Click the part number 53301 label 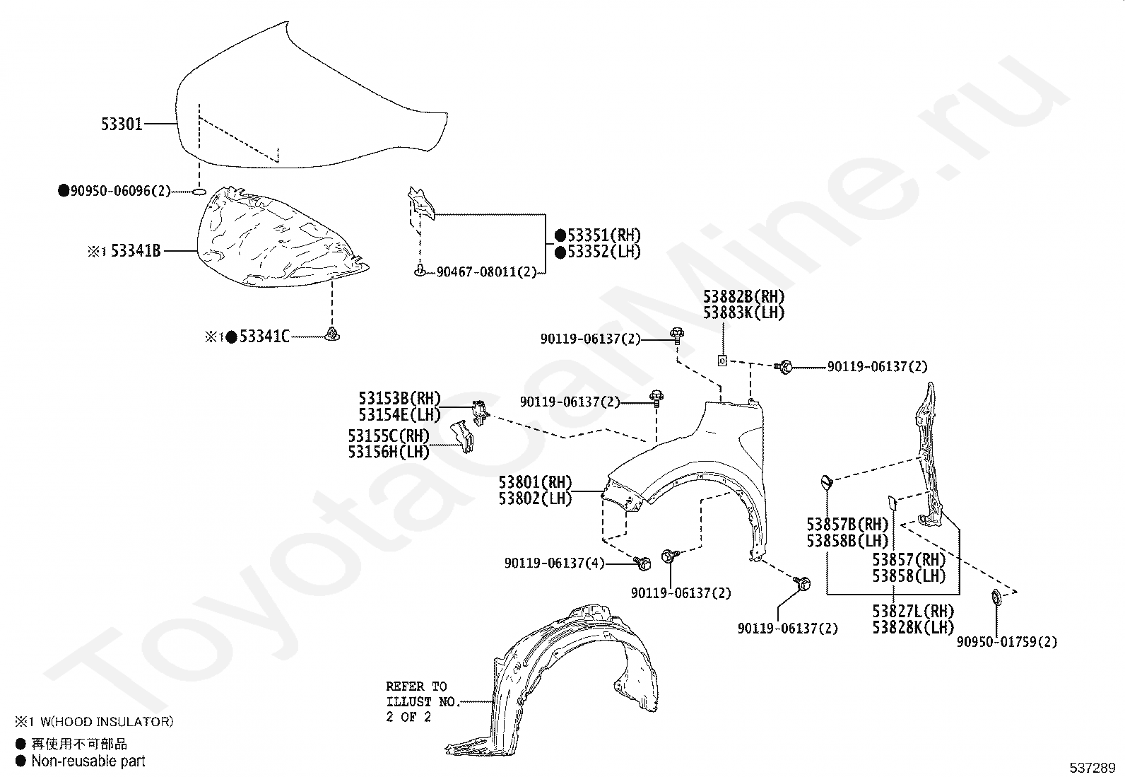point(122,124)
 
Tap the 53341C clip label point(264,337)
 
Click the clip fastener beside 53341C point(331,334)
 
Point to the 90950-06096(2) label point(120,191)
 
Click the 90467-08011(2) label point(486,271)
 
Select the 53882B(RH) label point(743,297)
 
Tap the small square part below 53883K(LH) point(722,361)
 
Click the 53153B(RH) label point(399,399)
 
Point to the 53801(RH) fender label point(535,483)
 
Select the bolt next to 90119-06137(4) point(643,563)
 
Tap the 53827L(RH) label point(912,611)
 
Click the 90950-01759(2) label point(1007,642)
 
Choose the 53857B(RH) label point(847,525)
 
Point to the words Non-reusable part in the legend point(88,761)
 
